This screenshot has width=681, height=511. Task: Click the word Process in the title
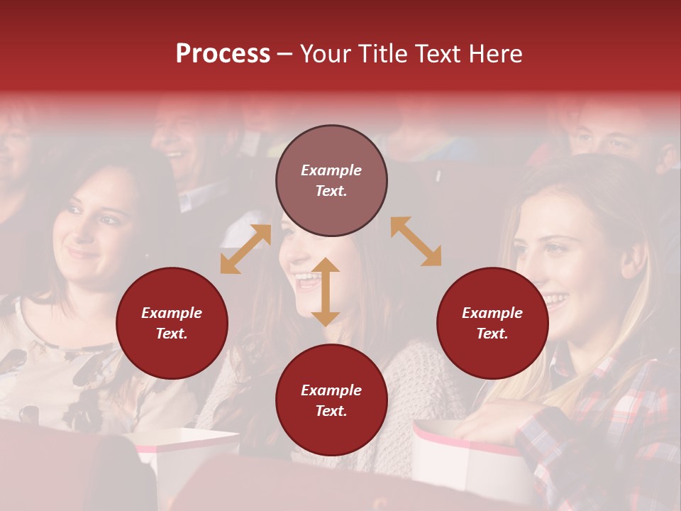pos(223,54)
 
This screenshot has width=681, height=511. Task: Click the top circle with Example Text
pos(331,180)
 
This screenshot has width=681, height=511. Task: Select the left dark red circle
pos(172,323)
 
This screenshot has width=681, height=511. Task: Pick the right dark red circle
pos(492,323)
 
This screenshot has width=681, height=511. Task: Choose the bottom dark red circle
pos(331,400)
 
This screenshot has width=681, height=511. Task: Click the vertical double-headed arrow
pos(326,292)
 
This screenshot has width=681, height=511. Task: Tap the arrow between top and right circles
pos(416,241)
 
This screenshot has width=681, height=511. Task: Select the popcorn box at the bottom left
pos(188,454)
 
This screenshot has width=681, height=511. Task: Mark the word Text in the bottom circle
pos(331,411)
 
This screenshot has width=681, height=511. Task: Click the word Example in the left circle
pos(172,313)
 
